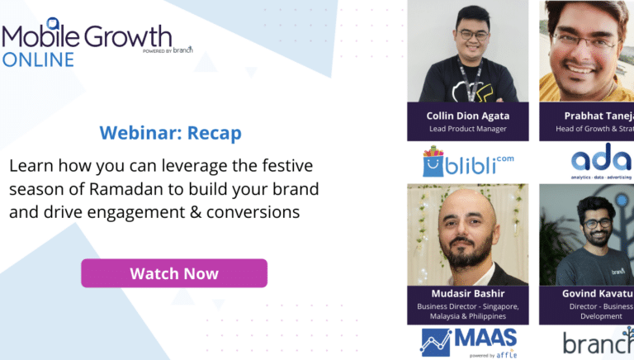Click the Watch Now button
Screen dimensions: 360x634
[173, 273]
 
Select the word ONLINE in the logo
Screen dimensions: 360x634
[38, 59]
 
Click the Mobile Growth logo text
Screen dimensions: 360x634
[87, 36]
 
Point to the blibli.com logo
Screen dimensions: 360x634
[467, 160]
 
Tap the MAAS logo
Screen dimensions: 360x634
[469, 341]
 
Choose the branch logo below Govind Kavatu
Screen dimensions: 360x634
[598, 342]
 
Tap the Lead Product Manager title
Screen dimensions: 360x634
[467, 129]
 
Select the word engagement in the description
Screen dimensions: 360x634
[123, 212]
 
